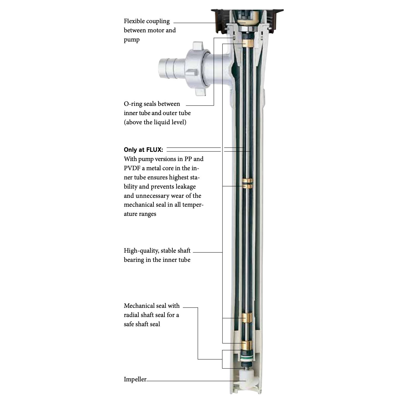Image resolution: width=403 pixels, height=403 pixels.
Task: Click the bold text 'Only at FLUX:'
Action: tap(143, 150)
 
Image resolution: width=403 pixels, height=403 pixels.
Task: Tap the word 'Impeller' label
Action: tap(135, 379)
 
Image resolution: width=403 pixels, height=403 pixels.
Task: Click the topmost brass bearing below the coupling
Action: tap(247, 44)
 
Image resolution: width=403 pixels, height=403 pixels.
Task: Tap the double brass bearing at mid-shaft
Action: tap(247, 183)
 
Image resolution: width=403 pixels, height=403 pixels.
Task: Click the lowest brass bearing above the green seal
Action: tap(247, 345)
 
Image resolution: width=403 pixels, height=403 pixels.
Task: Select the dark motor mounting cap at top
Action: tap(247, 21)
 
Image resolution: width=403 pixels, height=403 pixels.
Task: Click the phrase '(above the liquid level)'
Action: tap(155, 122)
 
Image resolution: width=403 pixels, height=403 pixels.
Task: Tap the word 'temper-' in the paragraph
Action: tap(193, 205)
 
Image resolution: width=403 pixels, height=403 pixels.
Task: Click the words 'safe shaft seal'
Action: tap(142, 324)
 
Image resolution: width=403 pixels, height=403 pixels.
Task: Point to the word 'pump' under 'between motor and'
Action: tap(132, 40)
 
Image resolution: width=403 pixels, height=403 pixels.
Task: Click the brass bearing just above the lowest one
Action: tap(247, 318)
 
